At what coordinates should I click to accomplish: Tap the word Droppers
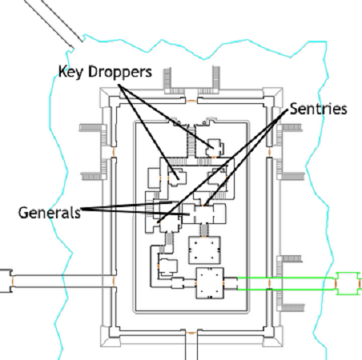pyautogui.click(x=120, y=72)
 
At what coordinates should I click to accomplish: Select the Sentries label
pyautogui.click(x=318, y=109)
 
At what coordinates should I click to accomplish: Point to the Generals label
pyautogui.click(x=50, y=213)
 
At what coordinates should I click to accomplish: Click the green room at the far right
pyautogui.click(x=347, y=283)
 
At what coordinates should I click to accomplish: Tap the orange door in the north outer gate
pyautogui.click(x=191, y=101)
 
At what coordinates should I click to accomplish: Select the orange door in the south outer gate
pyautogui.click(x=191, y=333)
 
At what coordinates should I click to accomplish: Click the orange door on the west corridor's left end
pyautogui.click(x=12, y=281)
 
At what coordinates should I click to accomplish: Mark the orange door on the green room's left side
pyautogui.click(x=336, y=284)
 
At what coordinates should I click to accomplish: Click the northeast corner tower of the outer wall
pyautogui.click(x=273, y=97)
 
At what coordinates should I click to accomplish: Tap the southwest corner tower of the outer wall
pyautogui.click(x=109, y=337)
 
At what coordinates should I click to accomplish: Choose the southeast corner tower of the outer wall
pyautogui.click(x=273, y=337)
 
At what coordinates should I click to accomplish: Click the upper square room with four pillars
pyautogui.click(x=204, y=250)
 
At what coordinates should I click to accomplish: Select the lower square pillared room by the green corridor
pyautogui.click(x=210, y=283)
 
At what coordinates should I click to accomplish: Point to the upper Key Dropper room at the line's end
pyautogui.click(x=215, y=148)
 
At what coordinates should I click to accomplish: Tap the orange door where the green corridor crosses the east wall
pyautogui.click(x=269, y=283)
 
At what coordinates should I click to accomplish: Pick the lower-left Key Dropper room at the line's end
pyautogui.click(x=177, y=177)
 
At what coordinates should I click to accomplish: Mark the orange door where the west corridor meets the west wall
pyautogui.click(x=114, y=281)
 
